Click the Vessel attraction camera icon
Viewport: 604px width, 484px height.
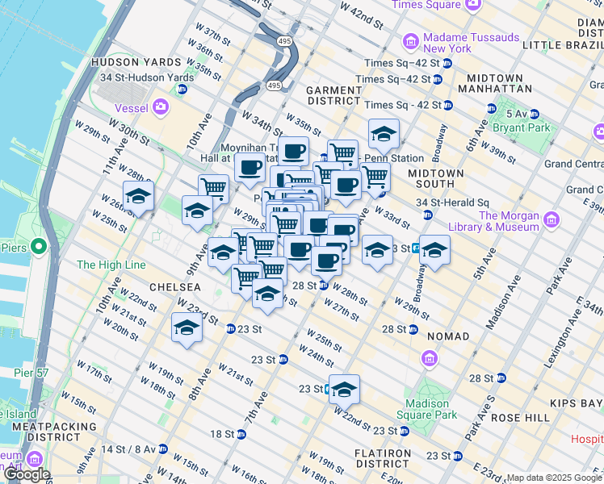point(161,106)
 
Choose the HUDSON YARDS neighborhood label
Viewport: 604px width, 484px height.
point(130,62)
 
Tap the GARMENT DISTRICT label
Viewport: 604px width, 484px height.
point(333,95)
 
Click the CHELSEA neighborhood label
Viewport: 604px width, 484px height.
point(174,287)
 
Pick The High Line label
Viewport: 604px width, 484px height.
point(111,265)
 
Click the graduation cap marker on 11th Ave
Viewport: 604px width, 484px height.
point(139,196)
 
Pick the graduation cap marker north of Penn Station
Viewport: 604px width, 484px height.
point(384,134)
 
